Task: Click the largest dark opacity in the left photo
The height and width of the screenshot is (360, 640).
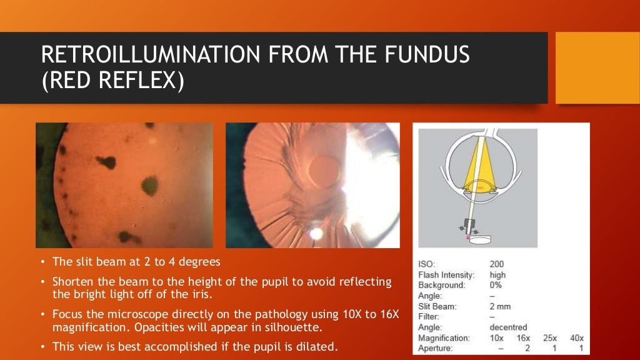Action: (x=149, y=185)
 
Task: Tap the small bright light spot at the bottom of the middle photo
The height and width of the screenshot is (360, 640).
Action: (x=316, y=233)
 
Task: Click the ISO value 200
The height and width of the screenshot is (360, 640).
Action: (x=496, y=264)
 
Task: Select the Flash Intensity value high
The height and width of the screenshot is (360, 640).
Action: (x=497, y=275)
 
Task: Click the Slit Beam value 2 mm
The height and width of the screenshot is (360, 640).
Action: (x=501, y=306)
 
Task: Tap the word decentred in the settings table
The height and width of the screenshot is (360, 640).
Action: (x=508, y=327)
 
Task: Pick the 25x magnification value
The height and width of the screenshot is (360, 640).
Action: (x=550, y=337)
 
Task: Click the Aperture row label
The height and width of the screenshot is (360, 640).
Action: (x=435, y=348)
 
